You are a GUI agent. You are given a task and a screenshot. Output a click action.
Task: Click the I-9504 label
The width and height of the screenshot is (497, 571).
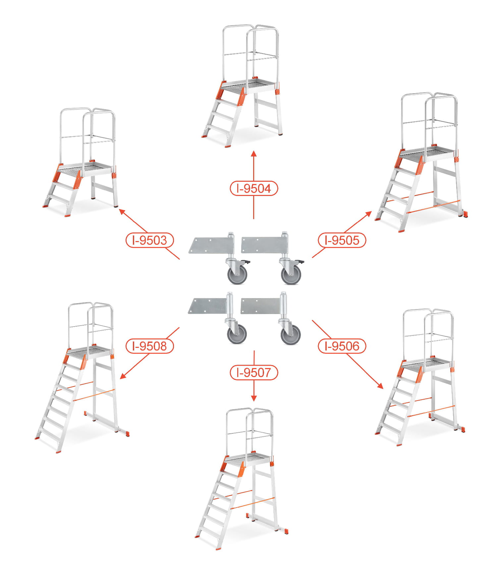point(254,189)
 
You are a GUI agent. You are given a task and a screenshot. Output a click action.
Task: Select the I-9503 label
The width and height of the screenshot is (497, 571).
point(150,240)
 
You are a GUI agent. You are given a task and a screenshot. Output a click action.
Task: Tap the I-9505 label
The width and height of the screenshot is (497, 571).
point(342,240)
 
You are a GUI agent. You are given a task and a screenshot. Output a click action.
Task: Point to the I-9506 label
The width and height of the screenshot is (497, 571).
point(342,346)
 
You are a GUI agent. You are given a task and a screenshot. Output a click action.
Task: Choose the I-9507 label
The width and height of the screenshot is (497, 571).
point(254,373)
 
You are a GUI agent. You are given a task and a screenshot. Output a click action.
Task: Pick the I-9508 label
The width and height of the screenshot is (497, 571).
point(150,346)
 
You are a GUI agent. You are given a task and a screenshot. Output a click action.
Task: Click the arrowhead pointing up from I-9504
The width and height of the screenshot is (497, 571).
point(254,153)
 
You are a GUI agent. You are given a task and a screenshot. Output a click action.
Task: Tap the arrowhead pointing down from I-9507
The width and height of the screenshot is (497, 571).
point(254,398)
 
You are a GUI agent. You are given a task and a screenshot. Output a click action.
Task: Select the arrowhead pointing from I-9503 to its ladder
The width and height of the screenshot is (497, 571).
point(122,212)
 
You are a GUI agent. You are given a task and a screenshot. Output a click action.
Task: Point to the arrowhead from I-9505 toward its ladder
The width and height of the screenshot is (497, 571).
point(369,214)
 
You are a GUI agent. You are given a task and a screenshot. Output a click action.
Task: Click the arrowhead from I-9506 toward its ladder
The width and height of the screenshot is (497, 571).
point(380,386)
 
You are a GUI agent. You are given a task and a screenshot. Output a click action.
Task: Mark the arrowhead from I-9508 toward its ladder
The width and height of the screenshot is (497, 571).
point(123,376)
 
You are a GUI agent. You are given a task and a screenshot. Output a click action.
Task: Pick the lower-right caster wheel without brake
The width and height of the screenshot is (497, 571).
point(291,335)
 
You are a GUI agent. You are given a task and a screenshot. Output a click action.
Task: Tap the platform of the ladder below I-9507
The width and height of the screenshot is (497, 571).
point(249,460)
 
